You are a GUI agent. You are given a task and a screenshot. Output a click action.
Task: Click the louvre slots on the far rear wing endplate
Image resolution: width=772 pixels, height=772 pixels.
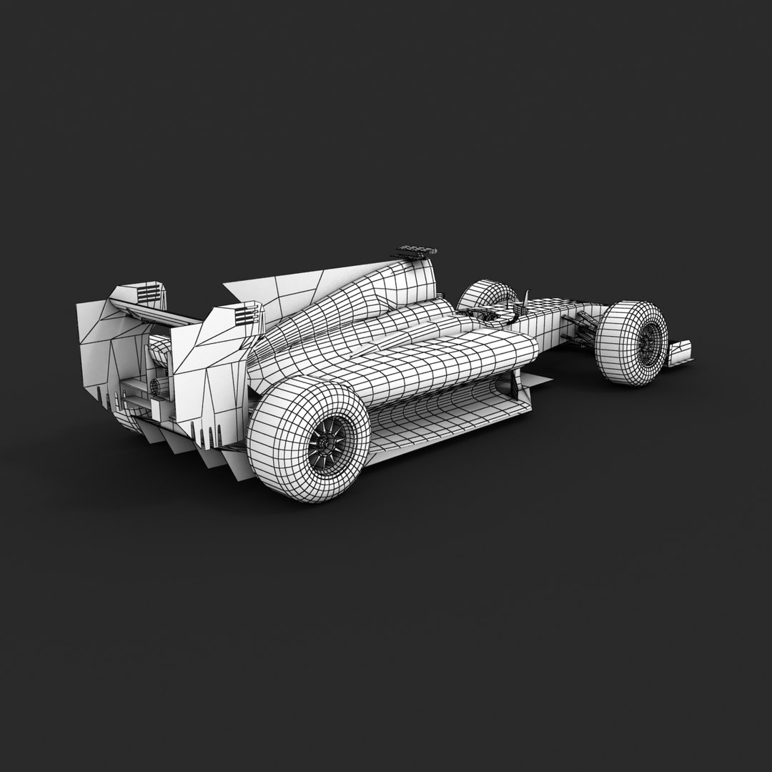pos(149,293)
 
